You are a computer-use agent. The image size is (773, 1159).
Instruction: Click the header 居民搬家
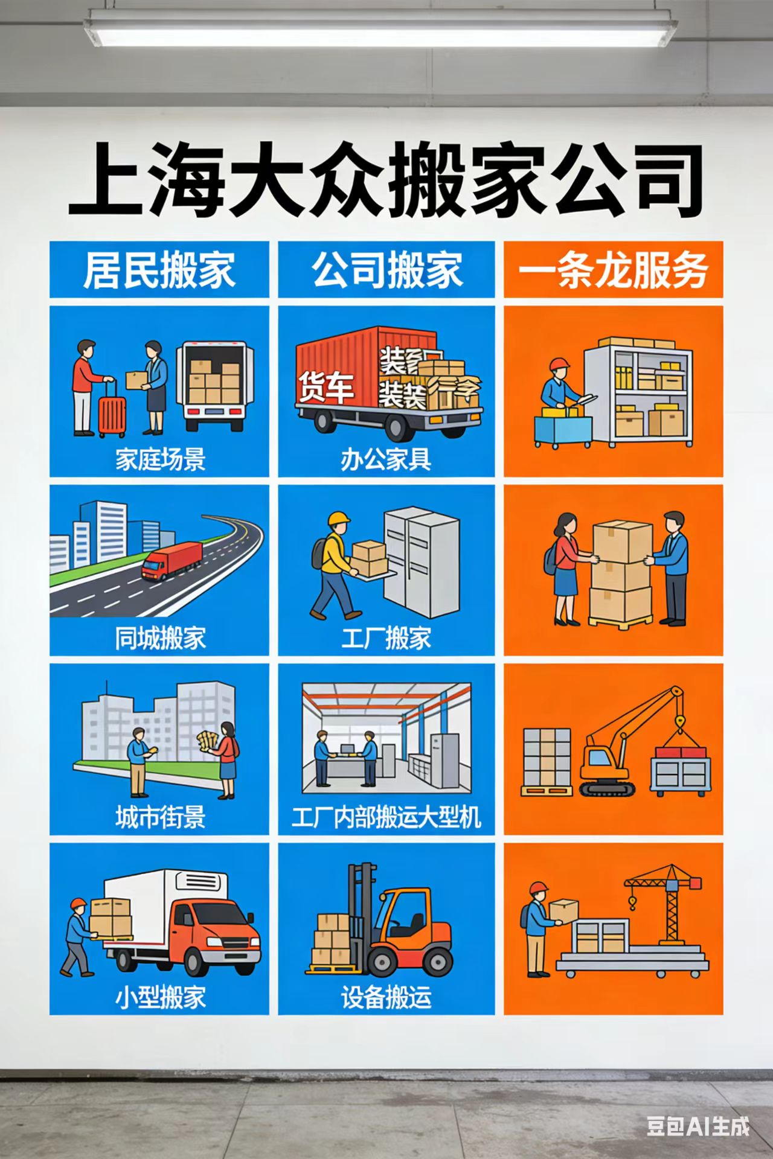pyautogui.click(x=159, y=270)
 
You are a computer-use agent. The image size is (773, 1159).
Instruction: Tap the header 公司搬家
pyautogui.click(x=386, y=270)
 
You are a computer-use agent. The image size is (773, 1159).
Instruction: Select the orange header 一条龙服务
pyautogui.click(x=613, y=270)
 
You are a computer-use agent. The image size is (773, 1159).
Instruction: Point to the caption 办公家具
pyautogui.click(x=386, y=460)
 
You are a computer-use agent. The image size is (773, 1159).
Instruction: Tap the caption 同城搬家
pyautogui.click(x=160, y=638)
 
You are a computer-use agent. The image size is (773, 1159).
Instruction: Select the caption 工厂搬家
pyautogui.click(x=386, y=638)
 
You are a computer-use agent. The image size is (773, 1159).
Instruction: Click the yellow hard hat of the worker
pyautogui.click(x=339, y=519)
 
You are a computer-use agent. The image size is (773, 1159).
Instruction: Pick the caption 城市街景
pyautogui.click(x=160, y=817)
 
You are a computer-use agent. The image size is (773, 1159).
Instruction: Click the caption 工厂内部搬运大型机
pyautogui.click(x=386, y=817)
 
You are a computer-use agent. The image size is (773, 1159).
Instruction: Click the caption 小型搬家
pyautogui.click(x=160, y=997)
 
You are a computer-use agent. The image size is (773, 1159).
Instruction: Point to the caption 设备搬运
pyautogui.click(x=386, y=997)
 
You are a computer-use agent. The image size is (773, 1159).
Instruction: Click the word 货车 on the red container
pyautogui.click(x=326, y=386)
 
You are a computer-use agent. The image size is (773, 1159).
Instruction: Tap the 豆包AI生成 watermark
pyautogui.click(x=698, y=1126)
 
